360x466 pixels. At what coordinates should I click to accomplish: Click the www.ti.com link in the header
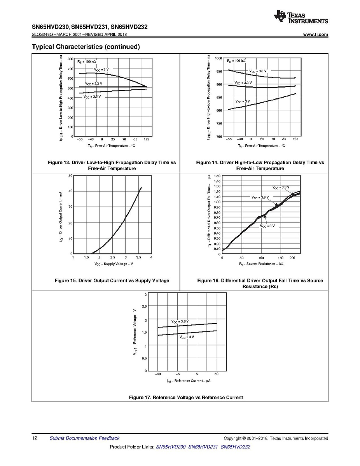point(315,35)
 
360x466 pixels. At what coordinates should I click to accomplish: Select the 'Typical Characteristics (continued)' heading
point(86,47)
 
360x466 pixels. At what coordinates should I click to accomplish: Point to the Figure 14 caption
point(260,165)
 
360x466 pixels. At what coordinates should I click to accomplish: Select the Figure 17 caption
point(186,398)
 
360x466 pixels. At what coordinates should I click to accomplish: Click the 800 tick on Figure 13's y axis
point(70,59)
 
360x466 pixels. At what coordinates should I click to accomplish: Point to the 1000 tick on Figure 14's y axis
point(218,58)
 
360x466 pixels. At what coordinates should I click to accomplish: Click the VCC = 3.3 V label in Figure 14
point(243,83)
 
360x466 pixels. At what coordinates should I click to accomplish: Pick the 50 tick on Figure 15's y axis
point(70,176)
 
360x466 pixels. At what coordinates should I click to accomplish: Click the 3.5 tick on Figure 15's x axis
point(138,258)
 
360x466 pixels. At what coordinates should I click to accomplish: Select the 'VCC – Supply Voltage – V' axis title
point(114,264)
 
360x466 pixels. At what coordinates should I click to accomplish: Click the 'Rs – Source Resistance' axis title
point(261,264)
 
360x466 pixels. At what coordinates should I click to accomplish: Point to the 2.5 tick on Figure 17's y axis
point(144,307)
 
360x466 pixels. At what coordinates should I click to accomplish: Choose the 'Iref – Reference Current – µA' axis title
point(188,380)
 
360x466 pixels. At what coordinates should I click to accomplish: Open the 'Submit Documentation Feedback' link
point(84,438)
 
